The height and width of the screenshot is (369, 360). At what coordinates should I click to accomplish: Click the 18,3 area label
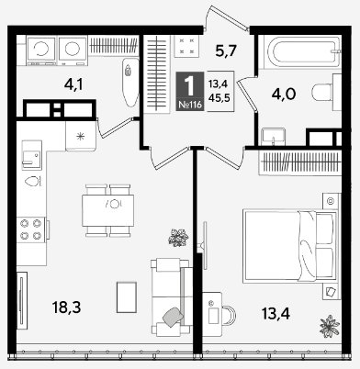67,307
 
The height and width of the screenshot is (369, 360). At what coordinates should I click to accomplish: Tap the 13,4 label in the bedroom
276,313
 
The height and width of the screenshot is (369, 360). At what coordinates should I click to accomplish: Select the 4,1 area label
73,84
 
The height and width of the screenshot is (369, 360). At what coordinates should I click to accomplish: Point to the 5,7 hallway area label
226,50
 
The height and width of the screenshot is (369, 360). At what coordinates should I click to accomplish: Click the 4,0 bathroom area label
284,94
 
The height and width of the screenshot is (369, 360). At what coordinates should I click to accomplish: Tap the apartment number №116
190,105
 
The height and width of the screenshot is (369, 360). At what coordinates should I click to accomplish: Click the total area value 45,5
219,98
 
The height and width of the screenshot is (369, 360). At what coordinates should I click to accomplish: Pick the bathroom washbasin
274,137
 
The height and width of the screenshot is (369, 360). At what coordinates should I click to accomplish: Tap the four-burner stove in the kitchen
31,229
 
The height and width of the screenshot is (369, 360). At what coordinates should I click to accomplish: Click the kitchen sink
31,155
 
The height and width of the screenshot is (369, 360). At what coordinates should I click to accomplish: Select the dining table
108,210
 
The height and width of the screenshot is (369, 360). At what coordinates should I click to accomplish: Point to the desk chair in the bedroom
229,315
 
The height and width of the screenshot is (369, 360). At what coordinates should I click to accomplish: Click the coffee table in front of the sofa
127,297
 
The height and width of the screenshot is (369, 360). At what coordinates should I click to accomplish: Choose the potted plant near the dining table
178,238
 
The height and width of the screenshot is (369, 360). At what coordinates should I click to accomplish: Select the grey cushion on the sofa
173,317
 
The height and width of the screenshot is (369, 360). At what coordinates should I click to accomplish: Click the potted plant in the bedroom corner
330,327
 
